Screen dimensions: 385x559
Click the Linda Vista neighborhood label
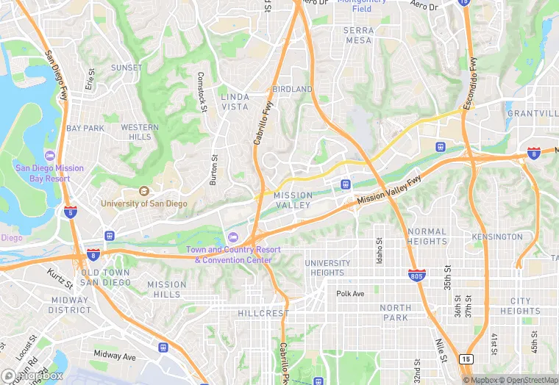pos(235,101)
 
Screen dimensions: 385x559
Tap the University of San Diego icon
pos(143,191)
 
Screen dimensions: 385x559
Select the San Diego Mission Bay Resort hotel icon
pos(49,156)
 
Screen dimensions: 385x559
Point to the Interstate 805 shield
pos(416,275)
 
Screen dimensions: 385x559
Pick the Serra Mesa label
pos(358,35)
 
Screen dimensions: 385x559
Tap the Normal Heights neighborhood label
pos(427,236)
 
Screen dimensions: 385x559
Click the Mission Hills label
pos(167,289)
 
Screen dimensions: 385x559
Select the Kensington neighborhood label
pos(498,237)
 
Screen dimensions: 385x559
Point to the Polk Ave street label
pos(350,294)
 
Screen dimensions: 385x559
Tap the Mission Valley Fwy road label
pos(390,190)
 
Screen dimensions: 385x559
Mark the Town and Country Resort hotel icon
pos(233,237)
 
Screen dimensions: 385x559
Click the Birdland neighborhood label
pos(292,89)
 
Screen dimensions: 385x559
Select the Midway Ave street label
pos(115,356)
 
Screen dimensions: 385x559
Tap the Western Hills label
pos(140,132)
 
